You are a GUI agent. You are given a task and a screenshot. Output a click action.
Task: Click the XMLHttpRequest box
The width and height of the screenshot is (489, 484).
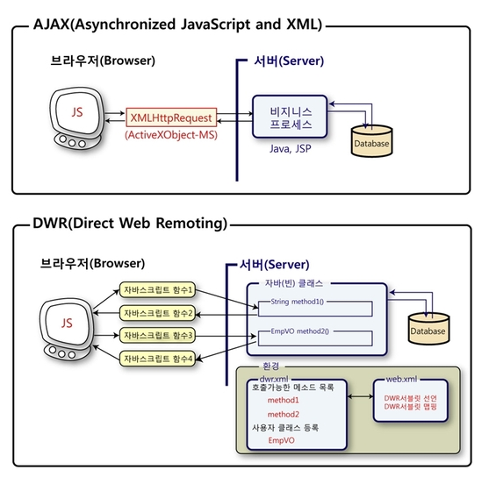point(171,117)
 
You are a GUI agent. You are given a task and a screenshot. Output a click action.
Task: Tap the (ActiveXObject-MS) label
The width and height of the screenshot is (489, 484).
point(171,135)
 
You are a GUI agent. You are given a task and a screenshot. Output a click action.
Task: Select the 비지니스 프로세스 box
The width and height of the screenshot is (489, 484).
point(290,117)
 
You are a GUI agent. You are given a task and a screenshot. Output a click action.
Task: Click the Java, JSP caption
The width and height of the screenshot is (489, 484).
point(291,148)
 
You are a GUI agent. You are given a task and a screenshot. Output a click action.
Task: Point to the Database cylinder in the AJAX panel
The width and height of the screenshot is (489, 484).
point(371,141)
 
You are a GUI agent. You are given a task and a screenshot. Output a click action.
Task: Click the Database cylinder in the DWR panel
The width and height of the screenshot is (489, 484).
point(428,329)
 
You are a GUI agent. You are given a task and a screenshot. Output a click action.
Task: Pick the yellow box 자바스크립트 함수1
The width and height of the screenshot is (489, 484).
point(157,290)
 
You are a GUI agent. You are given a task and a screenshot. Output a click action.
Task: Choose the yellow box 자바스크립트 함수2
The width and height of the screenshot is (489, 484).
point(157,313)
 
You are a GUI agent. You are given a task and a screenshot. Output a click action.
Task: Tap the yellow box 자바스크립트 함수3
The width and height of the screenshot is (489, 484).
point(157,336)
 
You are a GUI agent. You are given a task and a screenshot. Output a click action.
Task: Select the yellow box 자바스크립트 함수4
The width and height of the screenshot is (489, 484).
point(157,359)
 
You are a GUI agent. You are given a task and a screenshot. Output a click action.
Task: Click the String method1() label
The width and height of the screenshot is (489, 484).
point(298,302)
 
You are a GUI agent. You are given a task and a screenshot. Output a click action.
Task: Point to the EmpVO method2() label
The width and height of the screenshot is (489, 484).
point(299,331)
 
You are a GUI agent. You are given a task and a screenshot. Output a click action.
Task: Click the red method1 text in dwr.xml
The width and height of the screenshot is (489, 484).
point(284,400)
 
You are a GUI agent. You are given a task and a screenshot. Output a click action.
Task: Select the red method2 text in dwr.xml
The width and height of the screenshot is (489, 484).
point(284,414)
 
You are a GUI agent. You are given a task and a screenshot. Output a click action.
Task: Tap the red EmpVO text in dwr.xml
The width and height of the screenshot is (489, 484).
point(281,440)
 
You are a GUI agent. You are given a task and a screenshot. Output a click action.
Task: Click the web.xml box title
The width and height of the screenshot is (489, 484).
point(401,379)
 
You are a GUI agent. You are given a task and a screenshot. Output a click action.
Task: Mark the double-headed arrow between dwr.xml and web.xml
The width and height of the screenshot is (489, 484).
point(360,396)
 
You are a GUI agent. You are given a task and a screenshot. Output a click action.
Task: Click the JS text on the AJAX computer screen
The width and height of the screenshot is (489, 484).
point(77,112)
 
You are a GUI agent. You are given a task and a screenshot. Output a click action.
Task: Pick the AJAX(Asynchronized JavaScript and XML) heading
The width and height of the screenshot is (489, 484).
point(177,25)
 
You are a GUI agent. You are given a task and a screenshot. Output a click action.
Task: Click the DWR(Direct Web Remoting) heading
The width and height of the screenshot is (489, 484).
point(130,224)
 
